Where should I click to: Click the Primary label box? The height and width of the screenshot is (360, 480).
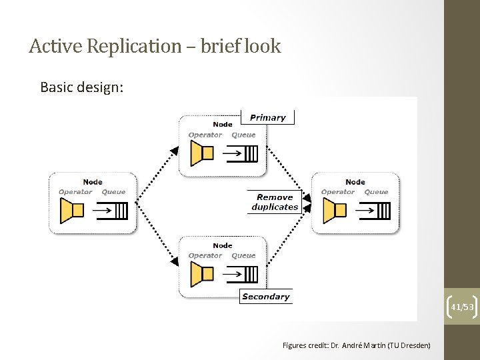click(x=267, y=118)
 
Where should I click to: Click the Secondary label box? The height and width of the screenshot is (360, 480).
click(x=265, y=297)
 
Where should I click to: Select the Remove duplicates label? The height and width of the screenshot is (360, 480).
click(x=275, y=202)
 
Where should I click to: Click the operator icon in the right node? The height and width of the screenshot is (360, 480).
click(x=334, y=211)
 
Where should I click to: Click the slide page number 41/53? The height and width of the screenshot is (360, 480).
click(x=462, y=307)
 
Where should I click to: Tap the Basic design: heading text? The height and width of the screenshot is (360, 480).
click(x=81, y=87)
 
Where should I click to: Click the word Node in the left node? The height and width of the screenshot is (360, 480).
click(x=93, y=182)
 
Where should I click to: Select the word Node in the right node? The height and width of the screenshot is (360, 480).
click(x=355, y=182)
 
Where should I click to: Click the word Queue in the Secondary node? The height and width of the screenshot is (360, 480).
click(x=243, y=255)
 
